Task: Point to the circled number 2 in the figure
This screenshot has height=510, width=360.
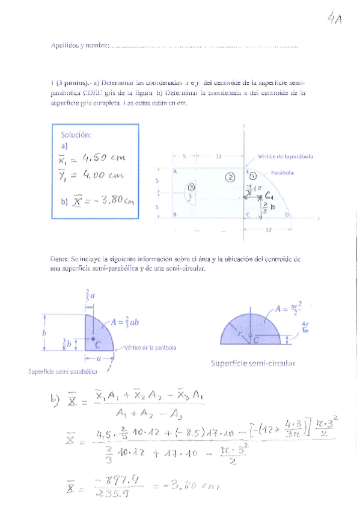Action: (230, 177)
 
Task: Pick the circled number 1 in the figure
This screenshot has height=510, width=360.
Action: (254, 176)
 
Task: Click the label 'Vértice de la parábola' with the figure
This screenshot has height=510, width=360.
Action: (285, 156)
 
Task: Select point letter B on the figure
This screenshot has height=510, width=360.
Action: (174, 214)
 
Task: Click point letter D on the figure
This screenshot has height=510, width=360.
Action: (286, 215)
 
